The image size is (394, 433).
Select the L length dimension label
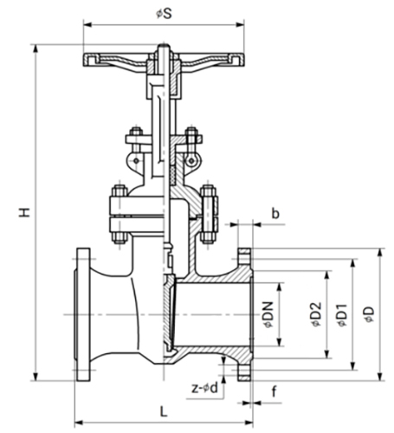coord(163,410)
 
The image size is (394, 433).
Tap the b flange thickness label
coord(275,211)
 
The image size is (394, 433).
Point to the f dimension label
coord(274,391)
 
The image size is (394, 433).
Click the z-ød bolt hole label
coord(205,387)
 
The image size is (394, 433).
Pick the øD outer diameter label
coord(370,317)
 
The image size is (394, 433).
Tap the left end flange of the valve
coord(83,316)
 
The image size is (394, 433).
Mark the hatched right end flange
coord(245,316)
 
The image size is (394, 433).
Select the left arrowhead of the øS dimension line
coord(86,25)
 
